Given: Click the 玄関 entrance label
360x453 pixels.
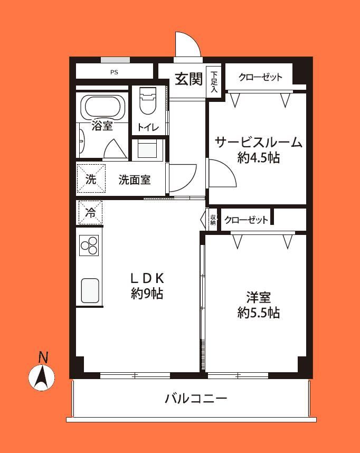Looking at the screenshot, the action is tap(189, 79).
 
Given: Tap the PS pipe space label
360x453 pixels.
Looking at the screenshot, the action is tap(114, 72).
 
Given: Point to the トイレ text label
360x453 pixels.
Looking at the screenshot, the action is tap(148, 127).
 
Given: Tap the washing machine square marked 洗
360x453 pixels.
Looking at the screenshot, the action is tap(91, 179).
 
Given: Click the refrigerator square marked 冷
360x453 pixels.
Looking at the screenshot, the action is tap(90, 213).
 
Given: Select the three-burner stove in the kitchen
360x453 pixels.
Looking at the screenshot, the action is tap(89, 246).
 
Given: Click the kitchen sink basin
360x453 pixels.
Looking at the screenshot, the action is tap(90, 290).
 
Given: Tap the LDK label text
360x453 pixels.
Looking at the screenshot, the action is tap(147, 278).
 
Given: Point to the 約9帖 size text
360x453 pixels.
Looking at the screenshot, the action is tap(147, 294).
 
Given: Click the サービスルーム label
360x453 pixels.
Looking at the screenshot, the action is tap(259, 143).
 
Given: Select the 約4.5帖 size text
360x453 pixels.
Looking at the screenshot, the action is tap(259, 158).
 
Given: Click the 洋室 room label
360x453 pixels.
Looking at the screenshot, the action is tap(259, 298).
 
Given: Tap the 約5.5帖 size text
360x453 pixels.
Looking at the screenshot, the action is tap(259, 313).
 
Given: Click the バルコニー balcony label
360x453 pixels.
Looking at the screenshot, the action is tap(196, 399).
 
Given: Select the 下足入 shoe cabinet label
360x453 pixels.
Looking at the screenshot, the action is tap(214, 82).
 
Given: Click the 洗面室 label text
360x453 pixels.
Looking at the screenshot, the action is tap(135, 180).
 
